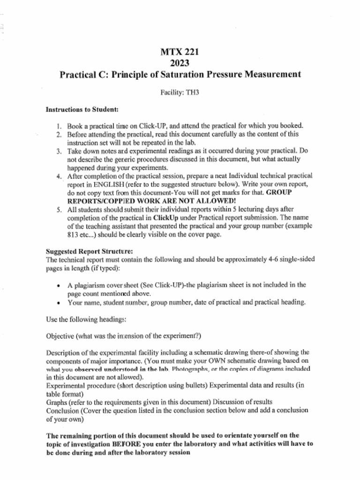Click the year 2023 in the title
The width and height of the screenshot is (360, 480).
click(x=180, y=63)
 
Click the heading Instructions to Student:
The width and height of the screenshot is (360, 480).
click(x=82, y=110)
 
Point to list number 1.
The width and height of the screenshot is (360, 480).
click(x=59, y=126)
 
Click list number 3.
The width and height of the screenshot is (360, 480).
click(x=59, y=151)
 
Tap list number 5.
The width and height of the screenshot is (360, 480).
click(x=59, y=210)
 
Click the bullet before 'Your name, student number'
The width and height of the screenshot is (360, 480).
click(x=58, y=302)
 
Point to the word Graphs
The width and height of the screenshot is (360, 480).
click(x=57, y=402)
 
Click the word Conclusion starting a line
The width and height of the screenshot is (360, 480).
click(x=63, y=411)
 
